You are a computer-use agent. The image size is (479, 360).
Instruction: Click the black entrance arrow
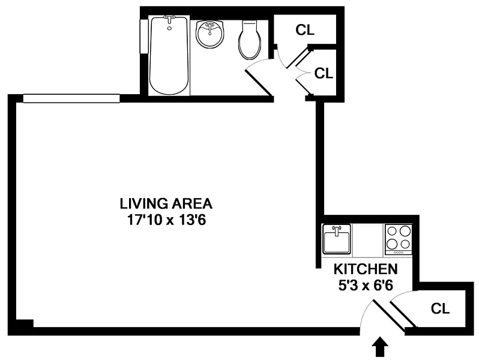(380, 347)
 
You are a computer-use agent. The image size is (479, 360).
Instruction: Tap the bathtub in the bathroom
(169, 55)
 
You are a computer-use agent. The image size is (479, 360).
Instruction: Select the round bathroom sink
(210, 34)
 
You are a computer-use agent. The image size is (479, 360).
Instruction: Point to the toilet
(250, 40)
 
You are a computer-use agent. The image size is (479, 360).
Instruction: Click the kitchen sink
(336, 239)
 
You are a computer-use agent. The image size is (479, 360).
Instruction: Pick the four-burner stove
(398, 239)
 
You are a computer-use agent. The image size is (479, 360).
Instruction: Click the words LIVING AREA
(166, 203)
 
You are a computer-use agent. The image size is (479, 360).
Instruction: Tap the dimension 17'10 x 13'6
(166, 220)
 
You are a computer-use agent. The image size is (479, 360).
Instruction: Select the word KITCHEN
(366, 269)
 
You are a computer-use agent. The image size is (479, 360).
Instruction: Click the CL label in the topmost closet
(305, 29)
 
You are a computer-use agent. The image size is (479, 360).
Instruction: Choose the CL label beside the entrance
(440, 308)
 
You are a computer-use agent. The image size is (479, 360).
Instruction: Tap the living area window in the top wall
(71, 98)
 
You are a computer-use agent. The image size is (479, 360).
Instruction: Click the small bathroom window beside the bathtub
(143, 37)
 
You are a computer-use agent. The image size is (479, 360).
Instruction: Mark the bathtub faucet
(169, 19)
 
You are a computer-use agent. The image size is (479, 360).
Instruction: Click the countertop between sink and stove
(368, 240)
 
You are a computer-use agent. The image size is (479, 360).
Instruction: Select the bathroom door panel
(259, 83)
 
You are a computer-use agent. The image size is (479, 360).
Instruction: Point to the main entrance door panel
(388, 316)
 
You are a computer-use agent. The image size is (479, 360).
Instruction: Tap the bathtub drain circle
(169, 28)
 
